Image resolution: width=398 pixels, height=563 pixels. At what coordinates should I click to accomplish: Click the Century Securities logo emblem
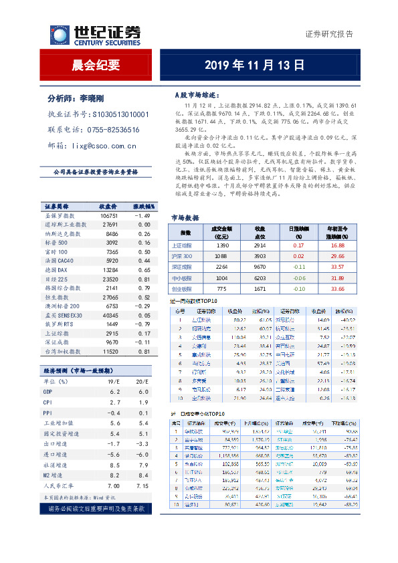click(60, 35)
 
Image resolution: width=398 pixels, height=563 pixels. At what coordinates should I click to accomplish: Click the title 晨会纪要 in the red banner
click(96, 65)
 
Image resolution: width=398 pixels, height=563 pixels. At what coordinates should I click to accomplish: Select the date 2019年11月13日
click(254, 65)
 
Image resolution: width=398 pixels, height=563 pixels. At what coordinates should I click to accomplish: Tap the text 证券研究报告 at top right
click(329, 34)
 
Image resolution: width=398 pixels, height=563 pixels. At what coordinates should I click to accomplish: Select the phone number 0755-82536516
click(114, 130)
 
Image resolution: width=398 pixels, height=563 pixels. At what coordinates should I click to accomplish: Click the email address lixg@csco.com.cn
click(105, 145)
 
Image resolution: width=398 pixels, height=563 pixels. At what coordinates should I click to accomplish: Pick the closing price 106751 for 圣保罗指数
click(109, 216)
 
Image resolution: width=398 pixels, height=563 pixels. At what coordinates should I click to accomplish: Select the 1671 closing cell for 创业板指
click(261, 288)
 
